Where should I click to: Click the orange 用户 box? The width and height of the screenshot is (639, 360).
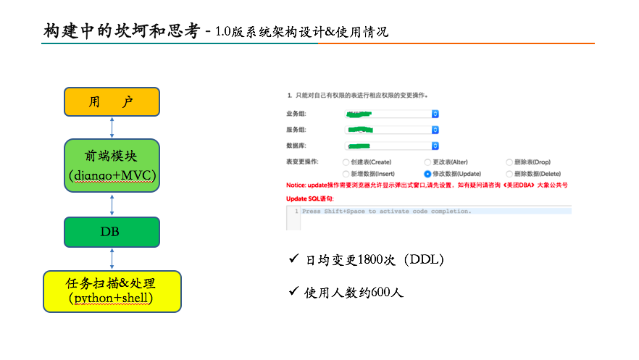[112, 101]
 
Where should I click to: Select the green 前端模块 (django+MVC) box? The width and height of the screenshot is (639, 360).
[112, 165]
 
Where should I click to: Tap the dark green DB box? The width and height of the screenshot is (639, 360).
[112, 232]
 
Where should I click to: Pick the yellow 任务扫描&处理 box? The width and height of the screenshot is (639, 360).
[112, 291]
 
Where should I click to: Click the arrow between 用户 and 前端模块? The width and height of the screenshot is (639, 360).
[112, 127]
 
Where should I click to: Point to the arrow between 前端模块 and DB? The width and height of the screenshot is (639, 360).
[112, 204]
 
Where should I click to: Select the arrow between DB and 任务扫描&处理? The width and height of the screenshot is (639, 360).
[112, 259]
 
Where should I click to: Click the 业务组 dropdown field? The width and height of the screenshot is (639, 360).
[392, 114]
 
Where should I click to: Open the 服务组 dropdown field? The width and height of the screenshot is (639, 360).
[392, 130]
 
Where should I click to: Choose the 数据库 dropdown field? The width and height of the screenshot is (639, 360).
[392, 146]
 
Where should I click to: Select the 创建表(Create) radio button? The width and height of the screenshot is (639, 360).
[345, 162]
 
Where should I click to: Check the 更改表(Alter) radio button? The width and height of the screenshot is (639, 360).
[427, 162]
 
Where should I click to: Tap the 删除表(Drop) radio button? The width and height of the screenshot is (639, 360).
[509, 162]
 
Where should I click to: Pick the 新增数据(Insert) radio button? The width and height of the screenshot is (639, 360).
[345, 174]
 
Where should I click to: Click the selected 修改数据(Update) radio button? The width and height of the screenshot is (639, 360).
[427, 174]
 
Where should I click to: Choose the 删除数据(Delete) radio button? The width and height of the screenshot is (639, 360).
[509, 174]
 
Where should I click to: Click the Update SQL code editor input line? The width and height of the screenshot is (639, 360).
[435, 212]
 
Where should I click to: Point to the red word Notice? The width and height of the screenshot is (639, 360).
[295, 185]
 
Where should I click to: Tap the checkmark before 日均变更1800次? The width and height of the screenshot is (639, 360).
[294, 259]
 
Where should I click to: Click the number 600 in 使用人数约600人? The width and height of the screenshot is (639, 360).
[381, 293]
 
